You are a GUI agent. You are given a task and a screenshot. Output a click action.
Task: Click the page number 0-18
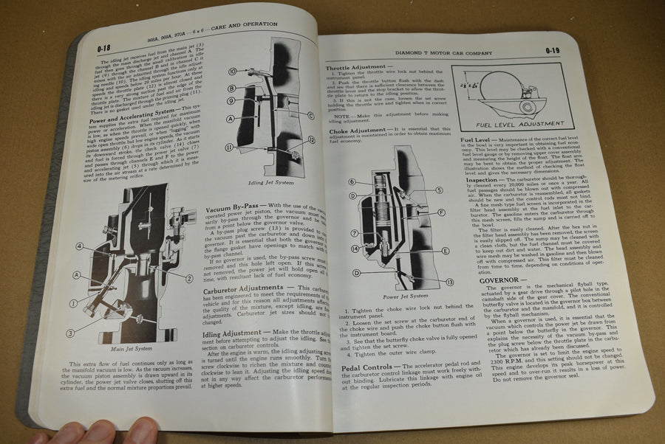104,51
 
